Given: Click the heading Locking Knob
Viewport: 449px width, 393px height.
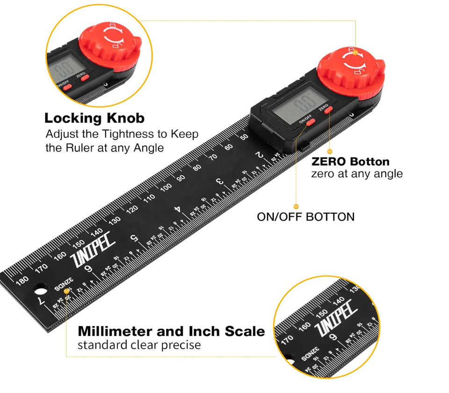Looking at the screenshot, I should point(94,118).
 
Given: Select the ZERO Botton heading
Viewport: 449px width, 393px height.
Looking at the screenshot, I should point(350,162).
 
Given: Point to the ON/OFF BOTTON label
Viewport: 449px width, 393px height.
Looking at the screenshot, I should point(305,217).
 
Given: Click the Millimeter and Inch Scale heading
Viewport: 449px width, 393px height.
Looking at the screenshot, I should point(171,331).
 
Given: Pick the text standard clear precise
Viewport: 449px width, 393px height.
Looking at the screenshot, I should point(139,345).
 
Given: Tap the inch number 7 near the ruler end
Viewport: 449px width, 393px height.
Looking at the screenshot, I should point(42,301).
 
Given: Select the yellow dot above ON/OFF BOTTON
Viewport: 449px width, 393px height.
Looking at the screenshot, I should point(296,206).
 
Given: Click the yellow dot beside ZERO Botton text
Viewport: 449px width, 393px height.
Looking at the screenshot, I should point(329,151).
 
